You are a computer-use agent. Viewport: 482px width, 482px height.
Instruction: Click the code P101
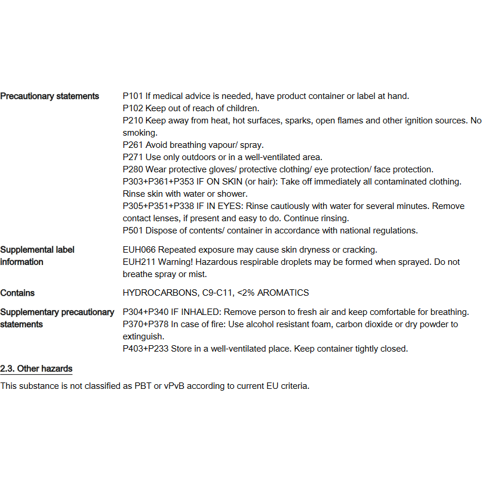[x=133, y=96]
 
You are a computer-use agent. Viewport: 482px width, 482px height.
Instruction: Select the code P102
[x=133, y=108]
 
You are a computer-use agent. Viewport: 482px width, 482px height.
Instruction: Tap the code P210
[x=133, y=120]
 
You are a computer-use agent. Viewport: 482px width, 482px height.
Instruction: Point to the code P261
[x=133, y=145]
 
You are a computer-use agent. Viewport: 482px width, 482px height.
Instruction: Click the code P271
[x=133, y=157]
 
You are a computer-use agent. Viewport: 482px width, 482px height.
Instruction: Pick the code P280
[x=133, y=169]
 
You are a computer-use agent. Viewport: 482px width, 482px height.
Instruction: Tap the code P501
[x=133, y=231]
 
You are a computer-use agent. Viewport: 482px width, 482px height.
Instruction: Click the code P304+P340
[x=146, y=312]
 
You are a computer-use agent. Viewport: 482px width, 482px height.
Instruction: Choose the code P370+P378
[x=146, y=324]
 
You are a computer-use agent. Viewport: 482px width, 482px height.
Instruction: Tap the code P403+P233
[x=146, y=349]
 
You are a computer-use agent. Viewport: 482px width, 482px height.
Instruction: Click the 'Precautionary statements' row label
[x=49, y=96]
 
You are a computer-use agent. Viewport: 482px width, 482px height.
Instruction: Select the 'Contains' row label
[x=17, y=293]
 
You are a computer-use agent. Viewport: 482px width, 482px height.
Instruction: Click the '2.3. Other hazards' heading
[x=36, y=368]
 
